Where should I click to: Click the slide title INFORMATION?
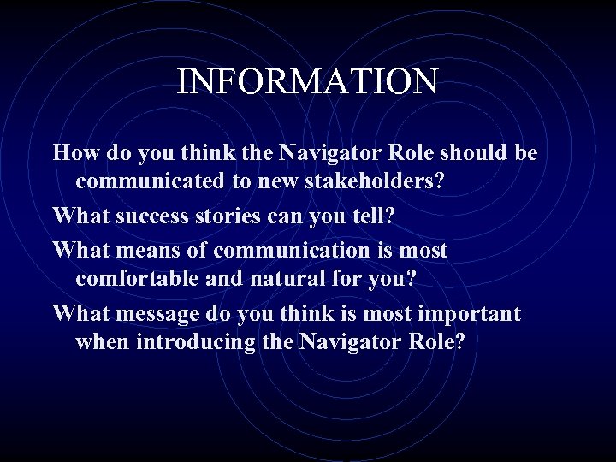coord(307,81)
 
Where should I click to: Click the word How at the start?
coord(72,153)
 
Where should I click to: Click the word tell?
coord(374,216)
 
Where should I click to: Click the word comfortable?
coord(139,280)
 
